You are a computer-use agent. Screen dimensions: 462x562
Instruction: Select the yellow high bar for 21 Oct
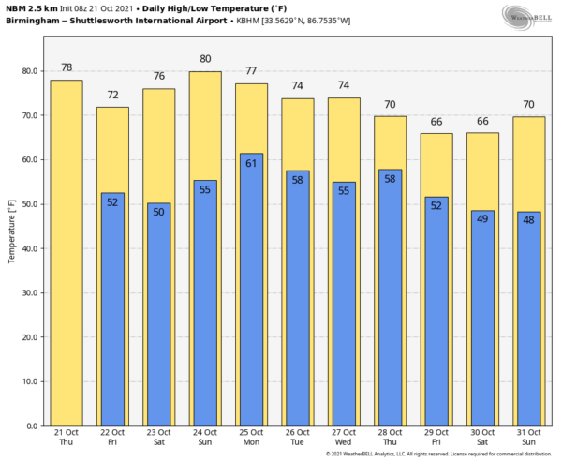point(67,253)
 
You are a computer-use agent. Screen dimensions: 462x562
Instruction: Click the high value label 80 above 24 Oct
point(205,59)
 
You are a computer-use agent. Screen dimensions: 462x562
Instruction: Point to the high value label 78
point(67,67)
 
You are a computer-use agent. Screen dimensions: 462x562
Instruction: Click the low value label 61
point(251,164)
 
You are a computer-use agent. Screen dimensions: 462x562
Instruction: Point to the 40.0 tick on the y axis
point(27,248)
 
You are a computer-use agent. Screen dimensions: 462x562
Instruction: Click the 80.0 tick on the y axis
point(27,71)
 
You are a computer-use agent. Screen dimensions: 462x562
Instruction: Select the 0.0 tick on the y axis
point(30,425)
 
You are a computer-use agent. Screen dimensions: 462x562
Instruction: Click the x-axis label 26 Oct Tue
point(298,437)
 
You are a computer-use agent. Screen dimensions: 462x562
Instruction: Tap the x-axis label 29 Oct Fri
point(436,437)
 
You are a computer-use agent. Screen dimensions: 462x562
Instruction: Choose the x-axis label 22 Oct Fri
point(112,437)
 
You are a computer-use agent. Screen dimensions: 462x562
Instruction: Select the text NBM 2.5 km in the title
point(28,7)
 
